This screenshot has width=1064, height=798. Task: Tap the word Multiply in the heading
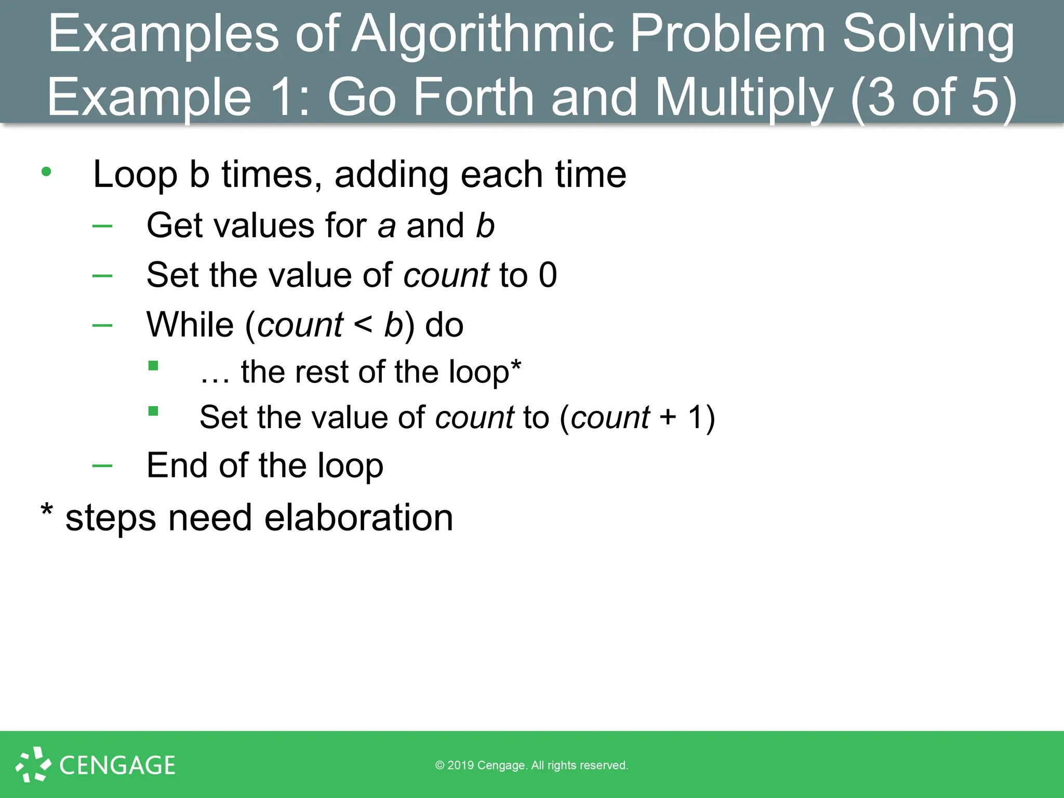743,98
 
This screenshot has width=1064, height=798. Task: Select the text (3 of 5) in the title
933,98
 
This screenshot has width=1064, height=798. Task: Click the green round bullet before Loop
46,171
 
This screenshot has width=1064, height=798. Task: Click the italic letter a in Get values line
386,227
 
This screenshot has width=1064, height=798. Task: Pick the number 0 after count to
548,275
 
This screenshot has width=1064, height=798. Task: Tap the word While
190,325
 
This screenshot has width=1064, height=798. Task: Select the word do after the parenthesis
444,325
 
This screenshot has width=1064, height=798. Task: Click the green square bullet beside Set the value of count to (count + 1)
153,411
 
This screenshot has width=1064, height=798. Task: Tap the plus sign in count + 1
668,418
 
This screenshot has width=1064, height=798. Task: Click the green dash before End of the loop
102,465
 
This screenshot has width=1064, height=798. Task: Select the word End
177,465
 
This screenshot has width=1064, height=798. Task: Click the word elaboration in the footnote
358,518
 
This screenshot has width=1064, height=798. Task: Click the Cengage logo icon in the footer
33,764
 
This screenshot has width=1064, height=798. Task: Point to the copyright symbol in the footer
440,765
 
